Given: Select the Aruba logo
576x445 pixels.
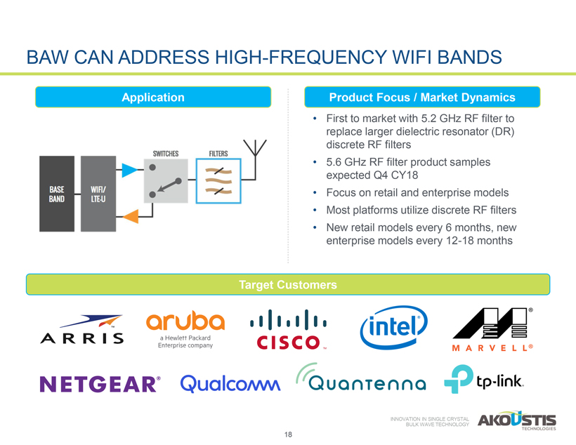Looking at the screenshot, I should coord(185,329).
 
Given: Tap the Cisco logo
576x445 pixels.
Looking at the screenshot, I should coord(288,331).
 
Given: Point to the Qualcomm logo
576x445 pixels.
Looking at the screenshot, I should coord(230,383).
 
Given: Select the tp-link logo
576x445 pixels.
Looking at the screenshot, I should coord(484,380).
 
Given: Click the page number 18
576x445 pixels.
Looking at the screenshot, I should coord(288,435).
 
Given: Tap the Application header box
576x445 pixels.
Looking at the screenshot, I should coord(153,98).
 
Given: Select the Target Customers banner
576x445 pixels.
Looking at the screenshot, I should coord(288,285).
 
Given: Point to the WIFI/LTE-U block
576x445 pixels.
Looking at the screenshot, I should coord(99,194).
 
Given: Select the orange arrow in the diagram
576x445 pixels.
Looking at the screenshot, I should coord(129,219).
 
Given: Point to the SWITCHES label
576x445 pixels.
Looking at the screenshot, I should coord(168,153).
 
